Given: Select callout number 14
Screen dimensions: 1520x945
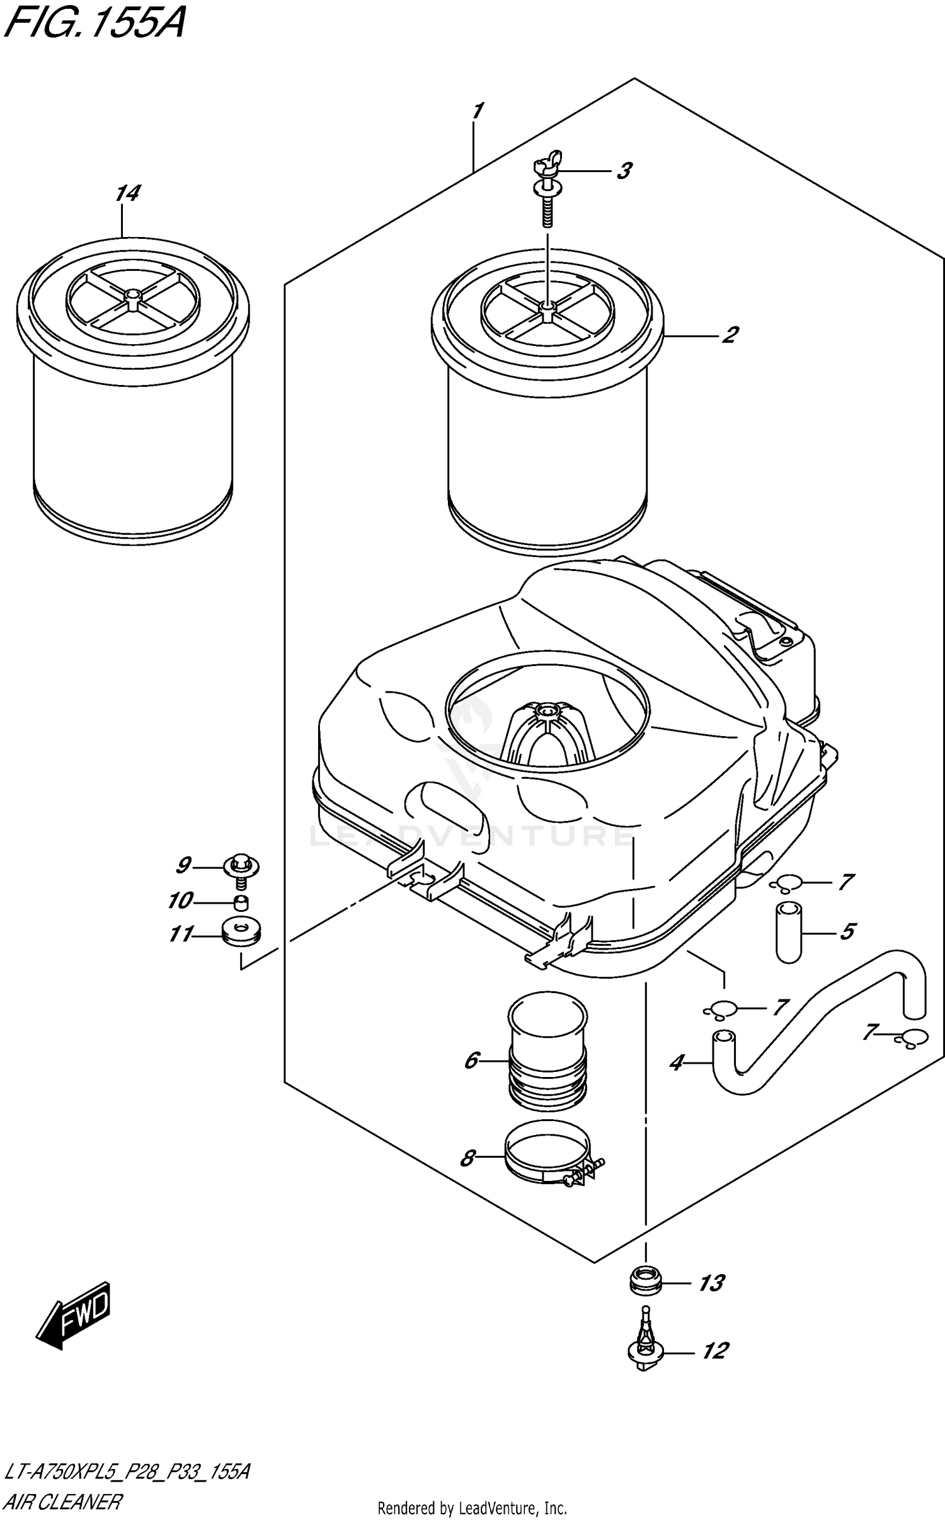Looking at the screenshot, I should pyautogui.click(x=127, y=193).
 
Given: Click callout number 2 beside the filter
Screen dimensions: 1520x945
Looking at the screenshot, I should pyautogui.click(x=730, y=335).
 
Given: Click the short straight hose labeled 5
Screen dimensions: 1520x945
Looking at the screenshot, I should pyautogui.click(x=788, y=932).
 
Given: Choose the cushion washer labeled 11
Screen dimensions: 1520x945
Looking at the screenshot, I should pyautogui.click(x=242, y=933).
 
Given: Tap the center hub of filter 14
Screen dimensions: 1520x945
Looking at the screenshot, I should pyautogui.click(x=132, y=296).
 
